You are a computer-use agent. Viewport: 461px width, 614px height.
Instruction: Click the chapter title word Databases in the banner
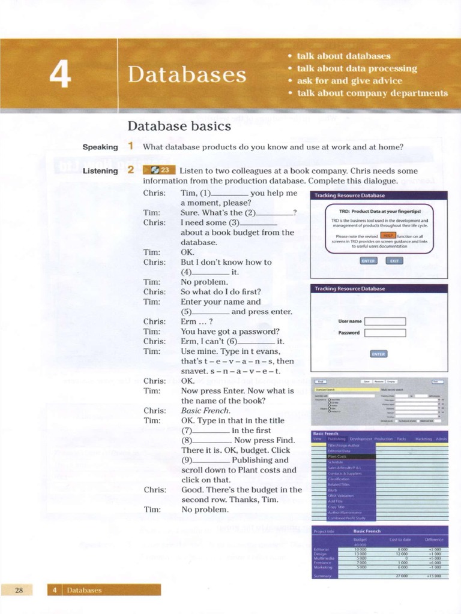pos(187,75)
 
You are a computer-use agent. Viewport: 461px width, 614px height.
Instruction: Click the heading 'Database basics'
pos(179,126)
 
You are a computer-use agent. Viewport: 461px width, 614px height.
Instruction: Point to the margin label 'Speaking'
pos(100,147)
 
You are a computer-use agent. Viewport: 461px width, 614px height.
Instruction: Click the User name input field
pos(385,321)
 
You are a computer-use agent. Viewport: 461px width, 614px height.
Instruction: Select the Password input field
pos(385,333)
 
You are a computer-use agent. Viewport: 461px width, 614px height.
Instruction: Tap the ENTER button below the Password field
pos(379,354)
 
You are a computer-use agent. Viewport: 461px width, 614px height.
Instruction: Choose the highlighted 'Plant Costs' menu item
pos(338,456)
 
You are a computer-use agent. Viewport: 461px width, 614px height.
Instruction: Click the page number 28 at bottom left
pos(19,590)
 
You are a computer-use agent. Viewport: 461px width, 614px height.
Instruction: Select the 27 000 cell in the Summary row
pos(402,576)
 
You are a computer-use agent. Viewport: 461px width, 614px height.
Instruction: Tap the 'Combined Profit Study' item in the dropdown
pos(346,518)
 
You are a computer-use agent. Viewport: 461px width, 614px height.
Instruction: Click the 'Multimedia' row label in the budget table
pos(324,558)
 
